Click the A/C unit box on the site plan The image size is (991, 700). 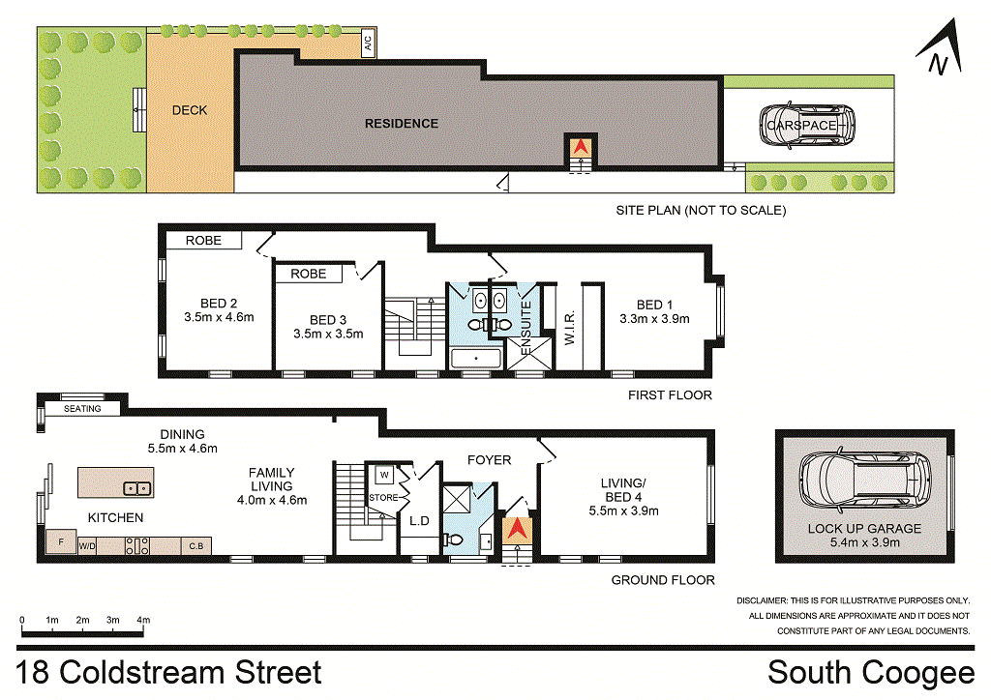[x=368, y=43]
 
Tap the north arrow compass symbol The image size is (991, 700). [x=940, y=48]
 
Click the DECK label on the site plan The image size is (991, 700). [x=190, y=110]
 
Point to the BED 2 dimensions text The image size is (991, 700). [x=220, y=317]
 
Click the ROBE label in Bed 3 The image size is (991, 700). [x=309, y=274]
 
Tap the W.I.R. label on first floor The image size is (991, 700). [x=569, y=327]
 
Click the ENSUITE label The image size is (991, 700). [x=526, y=328]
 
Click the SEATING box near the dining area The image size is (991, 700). [x=82, y=408]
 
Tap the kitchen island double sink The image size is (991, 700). [x=137, y=488]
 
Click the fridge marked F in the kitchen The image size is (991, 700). [x=61, y=541]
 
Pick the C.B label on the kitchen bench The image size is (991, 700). [x=196, y=546]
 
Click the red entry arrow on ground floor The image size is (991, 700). [x=518, y=528]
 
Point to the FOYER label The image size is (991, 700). [x=489, y=460]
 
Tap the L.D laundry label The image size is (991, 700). [x=420, y=521]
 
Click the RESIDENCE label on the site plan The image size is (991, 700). [x=402, y=124]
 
